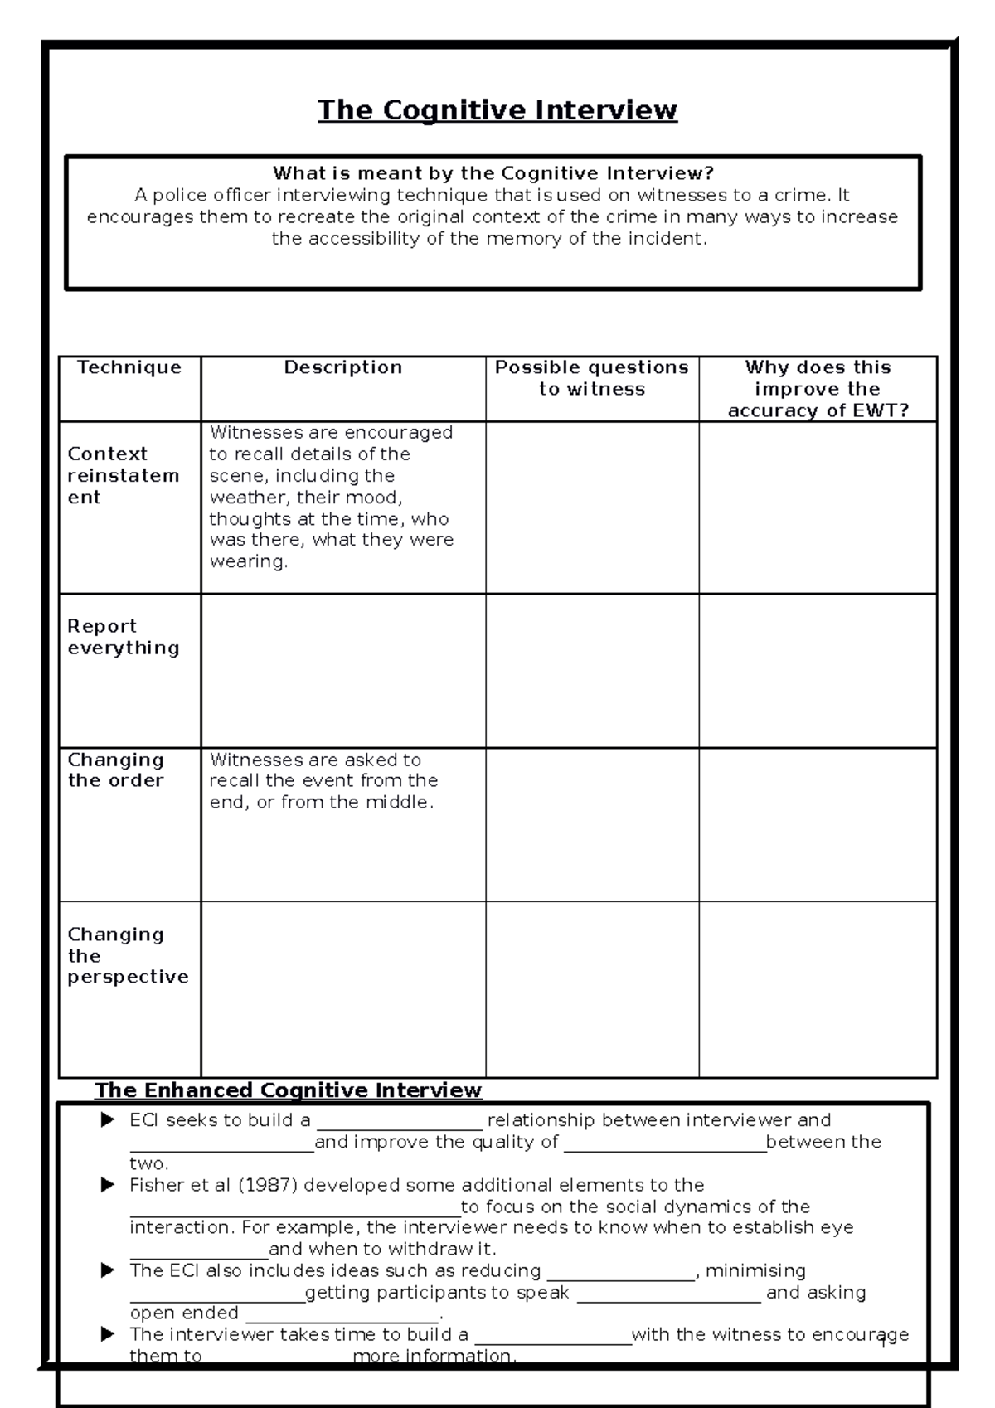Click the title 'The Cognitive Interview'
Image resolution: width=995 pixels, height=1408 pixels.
click(498, 110)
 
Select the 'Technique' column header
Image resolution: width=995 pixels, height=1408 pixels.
click(129, 367)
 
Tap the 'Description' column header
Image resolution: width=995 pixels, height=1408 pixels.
click(342, 367)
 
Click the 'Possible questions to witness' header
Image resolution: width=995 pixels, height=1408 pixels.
click(591, 378)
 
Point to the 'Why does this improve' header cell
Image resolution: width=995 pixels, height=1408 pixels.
click(818, 389)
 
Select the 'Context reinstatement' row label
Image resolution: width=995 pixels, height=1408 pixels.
click(123, 476)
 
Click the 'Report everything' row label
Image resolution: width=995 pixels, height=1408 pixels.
click(123, 637)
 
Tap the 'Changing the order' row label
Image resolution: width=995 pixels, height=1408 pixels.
click(116, 770)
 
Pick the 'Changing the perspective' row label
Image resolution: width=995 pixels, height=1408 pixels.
click(128, 956)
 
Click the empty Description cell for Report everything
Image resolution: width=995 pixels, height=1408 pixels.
click(342, 670)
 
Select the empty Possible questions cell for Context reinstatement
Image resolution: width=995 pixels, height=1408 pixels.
click(591, 507)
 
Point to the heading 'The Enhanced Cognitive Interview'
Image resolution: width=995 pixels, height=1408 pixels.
click(288, 1090)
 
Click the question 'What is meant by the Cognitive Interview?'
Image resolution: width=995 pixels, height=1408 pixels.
click(493, 173)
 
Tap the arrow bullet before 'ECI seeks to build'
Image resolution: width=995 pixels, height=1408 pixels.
click(107, 1120)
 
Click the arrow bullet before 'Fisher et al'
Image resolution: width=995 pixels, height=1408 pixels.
click(107, 1185)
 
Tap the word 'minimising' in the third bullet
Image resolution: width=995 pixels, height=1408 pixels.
click(755, 1270)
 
